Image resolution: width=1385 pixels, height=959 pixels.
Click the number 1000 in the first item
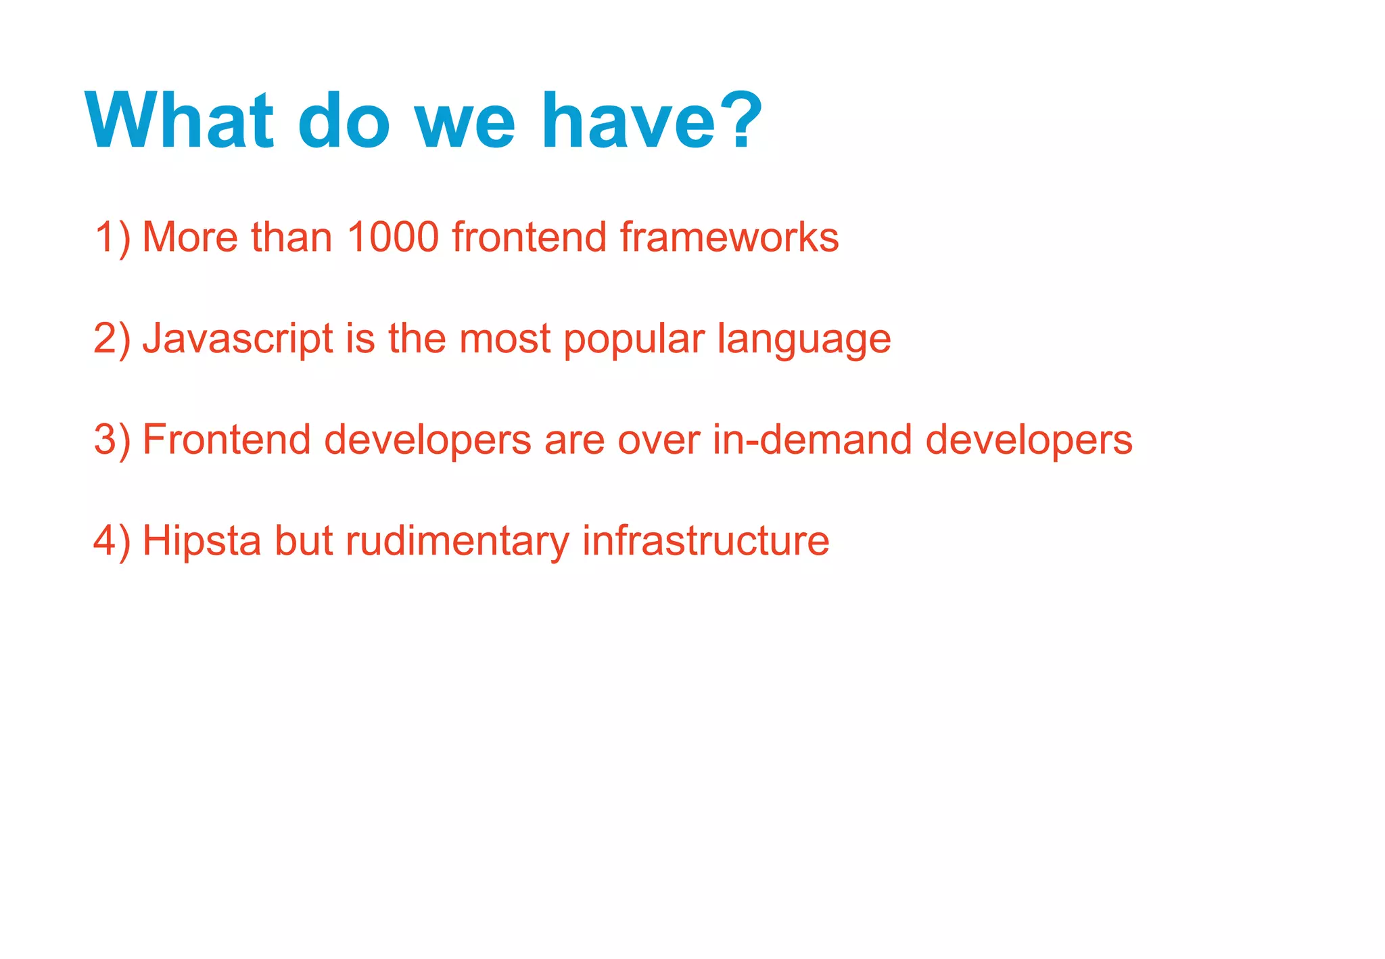coord(393,237)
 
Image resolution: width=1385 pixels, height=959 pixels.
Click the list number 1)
coord(112,237)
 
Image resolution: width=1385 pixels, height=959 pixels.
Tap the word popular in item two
coord(634,340)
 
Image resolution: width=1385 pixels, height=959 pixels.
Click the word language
coord(803,340)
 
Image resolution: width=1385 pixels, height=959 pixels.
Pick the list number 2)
coord(112,339)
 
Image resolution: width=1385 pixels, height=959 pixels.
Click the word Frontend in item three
coord(227,440)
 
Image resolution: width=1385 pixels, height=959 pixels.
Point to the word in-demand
coord(812,440)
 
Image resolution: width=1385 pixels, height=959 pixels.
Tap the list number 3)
coord(112,440)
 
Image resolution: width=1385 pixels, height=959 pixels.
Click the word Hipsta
coord(202,542)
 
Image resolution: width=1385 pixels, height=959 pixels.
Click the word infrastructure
coord(705,542)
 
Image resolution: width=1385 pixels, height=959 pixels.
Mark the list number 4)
coord(112,542)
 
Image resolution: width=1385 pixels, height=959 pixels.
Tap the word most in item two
coord(504,339)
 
